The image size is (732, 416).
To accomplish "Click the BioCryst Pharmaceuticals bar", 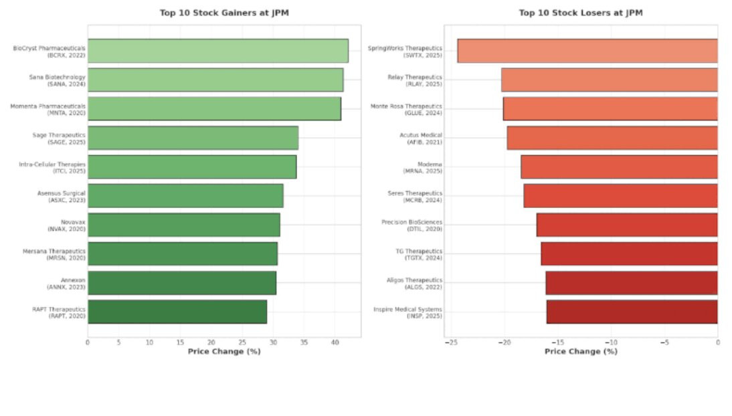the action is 218,51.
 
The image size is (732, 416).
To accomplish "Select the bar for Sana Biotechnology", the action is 215,80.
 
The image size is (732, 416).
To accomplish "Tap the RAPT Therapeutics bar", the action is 177,312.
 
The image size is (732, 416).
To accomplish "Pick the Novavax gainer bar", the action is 184,225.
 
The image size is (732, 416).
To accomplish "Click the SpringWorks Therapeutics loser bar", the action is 587,51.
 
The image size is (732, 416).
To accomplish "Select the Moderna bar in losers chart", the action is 619,167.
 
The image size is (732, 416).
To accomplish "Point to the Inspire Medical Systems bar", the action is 632,312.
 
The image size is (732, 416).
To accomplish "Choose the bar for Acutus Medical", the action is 612,138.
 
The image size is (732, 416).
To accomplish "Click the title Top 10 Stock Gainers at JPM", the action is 224,13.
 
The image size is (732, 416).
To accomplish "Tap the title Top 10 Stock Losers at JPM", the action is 581,13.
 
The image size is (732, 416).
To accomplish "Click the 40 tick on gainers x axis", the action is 335,342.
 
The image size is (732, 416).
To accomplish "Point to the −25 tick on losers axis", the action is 451,342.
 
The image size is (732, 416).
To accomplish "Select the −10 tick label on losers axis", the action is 611,342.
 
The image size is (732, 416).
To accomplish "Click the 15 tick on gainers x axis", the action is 180,342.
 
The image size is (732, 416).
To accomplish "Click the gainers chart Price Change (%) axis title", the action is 224,351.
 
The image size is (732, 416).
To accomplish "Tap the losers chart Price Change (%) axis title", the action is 581,351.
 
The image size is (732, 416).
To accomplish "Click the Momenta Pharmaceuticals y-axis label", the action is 48,109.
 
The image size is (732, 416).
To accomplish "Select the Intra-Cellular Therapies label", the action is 52,168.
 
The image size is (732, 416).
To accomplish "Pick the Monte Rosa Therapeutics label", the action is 406,109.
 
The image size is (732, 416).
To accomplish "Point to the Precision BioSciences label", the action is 411,225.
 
